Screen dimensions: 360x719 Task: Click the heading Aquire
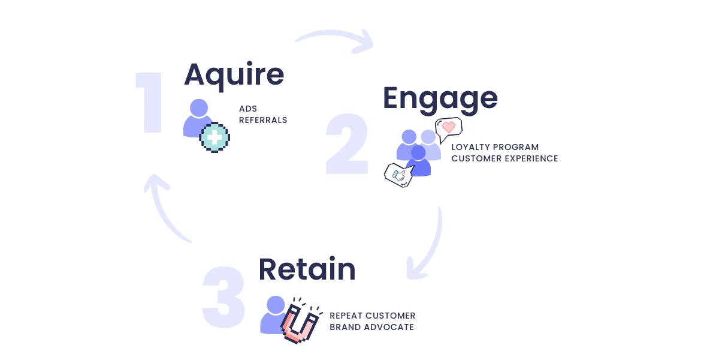[x=234, y=75]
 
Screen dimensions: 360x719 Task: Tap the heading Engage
[x=440, y=98]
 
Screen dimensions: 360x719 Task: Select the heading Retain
[x=307, y=269]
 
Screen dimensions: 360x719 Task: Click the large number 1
[x=150, y=103]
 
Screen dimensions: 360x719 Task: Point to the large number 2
[x=347, y=145]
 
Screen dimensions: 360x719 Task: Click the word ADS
[x=248, y=109]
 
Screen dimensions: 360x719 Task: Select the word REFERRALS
[x=263, y=120]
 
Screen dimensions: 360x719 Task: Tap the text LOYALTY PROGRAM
[x=495, y=147]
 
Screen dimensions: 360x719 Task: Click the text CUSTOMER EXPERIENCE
[x=504, y=158]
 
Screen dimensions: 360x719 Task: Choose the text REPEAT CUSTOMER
[x=372, y=316]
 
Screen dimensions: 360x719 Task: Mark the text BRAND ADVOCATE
[x=371, y=327]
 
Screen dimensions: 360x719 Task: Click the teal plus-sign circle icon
[x=215, y=137]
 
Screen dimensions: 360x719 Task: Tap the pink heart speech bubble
[x=449, y=128]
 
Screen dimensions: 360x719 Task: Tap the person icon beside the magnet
[x=273, y=314]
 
